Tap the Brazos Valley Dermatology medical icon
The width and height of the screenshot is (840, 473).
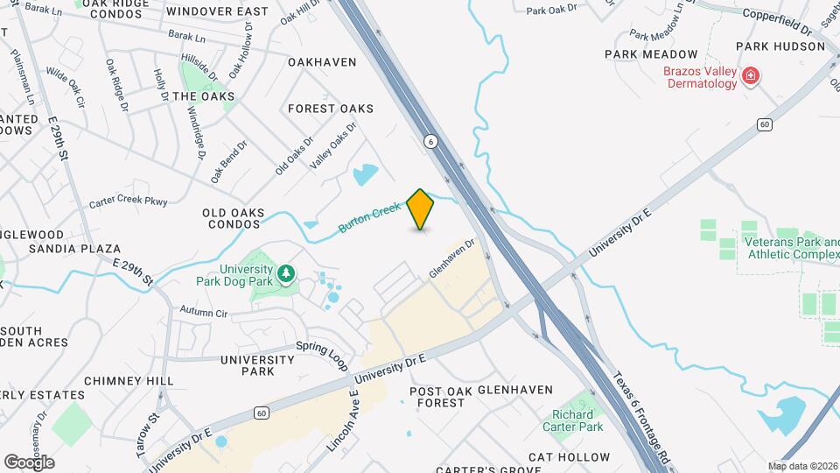[750, 77]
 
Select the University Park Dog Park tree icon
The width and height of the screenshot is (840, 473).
[285, 276]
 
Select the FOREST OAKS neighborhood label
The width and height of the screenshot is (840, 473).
[331, 109]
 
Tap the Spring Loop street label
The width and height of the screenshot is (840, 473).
[322, 354]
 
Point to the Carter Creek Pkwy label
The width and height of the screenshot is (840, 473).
[128, 203]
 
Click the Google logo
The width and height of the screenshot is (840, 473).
[28, 462]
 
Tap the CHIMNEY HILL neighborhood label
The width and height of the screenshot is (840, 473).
[129, 381]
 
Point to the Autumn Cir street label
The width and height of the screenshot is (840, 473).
[203, 312]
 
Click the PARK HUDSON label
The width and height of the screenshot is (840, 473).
[780, 46]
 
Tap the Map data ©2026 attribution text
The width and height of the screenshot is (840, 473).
[802, 466]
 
